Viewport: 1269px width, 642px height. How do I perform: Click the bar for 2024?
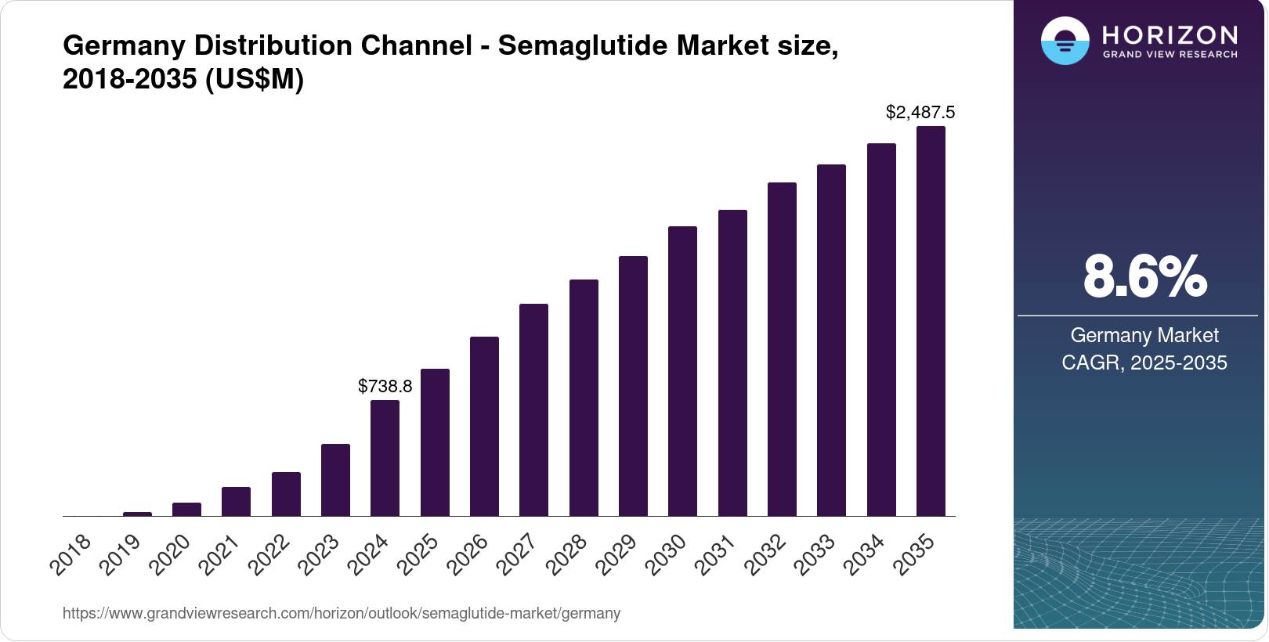point(385,458)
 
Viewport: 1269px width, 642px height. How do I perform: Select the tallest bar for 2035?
point(931,321)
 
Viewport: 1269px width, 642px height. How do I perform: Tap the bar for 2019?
point(137,514)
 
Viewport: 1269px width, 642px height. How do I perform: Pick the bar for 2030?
point(682,371)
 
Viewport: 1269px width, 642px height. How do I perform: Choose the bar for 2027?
point(533,410)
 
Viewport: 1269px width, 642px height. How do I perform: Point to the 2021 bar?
point(237,502)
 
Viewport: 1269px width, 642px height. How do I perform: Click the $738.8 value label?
point(385,386)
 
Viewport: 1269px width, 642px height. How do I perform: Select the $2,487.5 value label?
point(920,112)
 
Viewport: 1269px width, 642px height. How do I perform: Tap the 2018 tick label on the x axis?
point(70,554)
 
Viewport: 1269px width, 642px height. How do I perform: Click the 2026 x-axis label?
point(468,554)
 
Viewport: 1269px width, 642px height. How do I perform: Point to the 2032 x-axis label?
point(765,554)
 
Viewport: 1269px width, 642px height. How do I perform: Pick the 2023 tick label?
point(319,554)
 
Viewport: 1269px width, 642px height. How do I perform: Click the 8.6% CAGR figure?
point(1145,276)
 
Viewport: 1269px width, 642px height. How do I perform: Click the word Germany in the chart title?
point(124,46)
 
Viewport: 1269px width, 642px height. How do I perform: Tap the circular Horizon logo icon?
point(1065,41)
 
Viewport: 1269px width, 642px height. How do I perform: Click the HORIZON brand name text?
point(1170,35)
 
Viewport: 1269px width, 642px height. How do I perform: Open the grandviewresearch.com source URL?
point(342,613)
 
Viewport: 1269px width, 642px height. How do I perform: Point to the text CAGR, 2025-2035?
point(1144,363)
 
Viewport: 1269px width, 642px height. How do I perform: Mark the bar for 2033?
point(832,341)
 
